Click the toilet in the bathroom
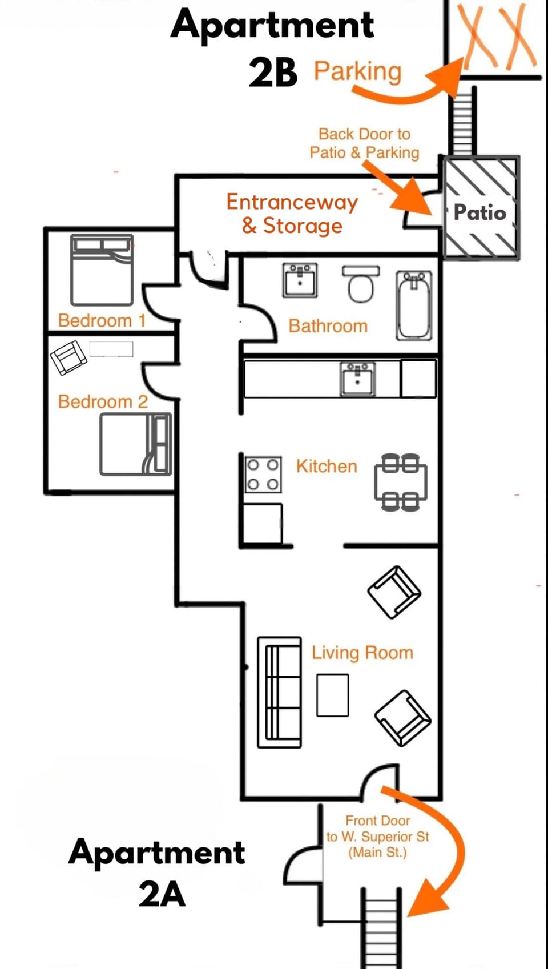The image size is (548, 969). pyautogui.click(x=361, y=284)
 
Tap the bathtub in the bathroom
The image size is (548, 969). pyautogui.click(x=414, y=306)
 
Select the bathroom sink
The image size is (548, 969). pyautogui.click(x=300, y=280)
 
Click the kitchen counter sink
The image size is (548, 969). pyautogui.click(x=358, y=378)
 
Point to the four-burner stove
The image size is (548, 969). pyautogui.click(x=263, y=474)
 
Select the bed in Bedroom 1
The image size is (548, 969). pyautogui.click(x=102, y=270)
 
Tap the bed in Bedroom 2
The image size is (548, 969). pyautogui.click(x=135, y=444)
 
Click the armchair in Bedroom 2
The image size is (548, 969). pyautogui.click(x=68, y=357)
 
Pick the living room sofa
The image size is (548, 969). pyautogui.click(x=279, y=692)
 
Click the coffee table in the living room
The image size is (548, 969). pyautogui.click(x=333, y=694)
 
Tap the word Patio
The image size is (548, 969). pyautogui.click(x=479, y=212)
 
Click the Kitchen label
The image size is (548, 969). pyautogui.click(x=327, y=466)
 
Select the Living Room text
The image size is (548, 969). pyautogui.click(x=362, y=652)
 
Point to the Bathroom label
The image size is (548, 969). pyautogui.click(x=328, y=326)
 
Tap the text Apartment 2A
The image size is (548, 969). pyautogui.click(x=157, y=872)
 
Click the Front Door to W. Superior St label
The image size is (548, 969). pyautogui.click(x=377, y=837)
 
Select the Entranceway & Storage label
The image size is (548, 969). pyautogui.click(x=292, y=214)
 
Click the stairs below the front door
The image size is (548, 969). pyautogui.click(x=381, y=931)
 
